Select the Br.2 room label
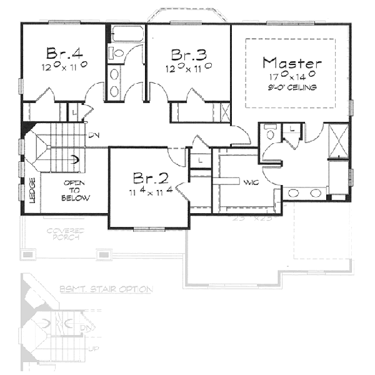point(150,176)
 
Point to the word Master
point(292,62)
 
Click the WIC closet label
point(252,182)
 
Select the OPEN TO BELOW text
point(76,190)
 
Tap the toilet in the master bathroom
point(269,132)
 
